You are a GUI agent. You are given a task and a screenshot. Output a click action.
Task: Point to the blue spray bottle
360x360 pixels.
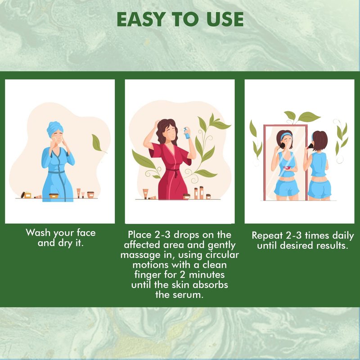pyautogui.click(x=187, y=133)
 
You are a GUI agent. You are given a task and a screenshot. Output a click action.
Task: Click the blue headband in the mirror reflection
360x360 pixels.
pyautogui.click(x=286, y=135)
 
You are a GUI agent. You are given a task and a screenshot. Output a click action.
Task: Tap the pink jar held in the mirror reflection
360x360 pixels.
pyautogui.click(x=287, y=168)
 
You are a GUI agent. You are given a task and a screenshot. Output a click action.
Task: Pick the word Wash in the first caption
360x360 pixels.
pyautogui.click(x=38, y=233)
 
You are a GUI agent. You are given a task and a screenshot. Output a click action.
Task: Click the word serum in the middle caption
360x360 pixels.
pyautogui.click(x=188, y=295)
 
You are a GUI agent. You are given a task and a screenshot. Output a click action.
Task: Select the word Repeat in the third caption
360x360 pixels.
pyautogui.click(x=267, y=236)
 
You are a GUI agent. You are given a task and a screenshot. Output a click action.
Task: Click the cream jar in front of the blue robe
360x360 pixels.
pyautogui.click(x=54, y=196)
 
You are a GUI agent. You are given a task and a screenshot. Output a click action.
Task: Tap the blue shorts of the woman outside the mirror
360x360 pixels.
pyautogui.click(x=319, y=189)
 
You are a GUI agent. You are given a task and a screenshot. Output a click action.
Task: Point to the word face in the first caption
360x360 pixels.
pyautogui.click(x=86, y=233)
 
